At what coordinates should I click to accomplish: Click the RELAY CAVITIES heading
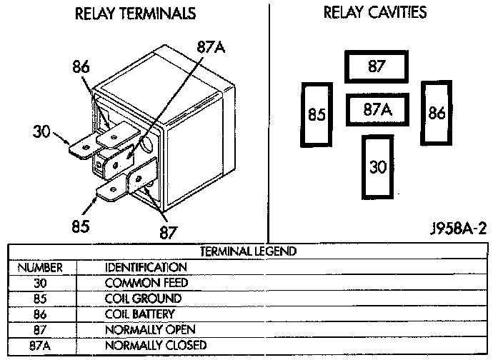375,12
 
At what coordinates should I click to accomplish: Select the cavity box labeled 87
377,67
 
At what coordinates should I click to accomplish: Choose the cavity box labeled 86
437,112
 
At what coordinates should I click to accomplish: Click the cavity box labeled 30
378,166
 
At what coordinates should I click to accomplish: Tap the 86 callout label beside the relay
81,67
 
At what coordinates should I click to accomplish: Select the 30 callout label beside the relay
41,131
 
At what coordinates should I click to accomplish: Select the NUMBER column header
40,267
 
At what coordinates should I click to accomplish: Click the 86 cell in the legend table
40,314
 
